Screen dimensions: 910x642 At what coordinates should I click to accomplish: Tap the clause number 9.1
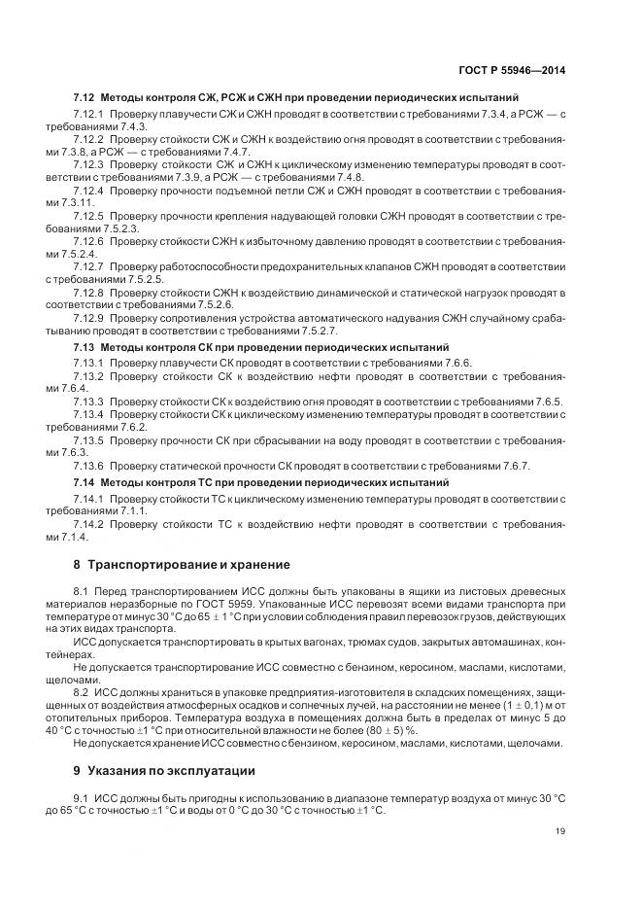coord(81,798)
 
